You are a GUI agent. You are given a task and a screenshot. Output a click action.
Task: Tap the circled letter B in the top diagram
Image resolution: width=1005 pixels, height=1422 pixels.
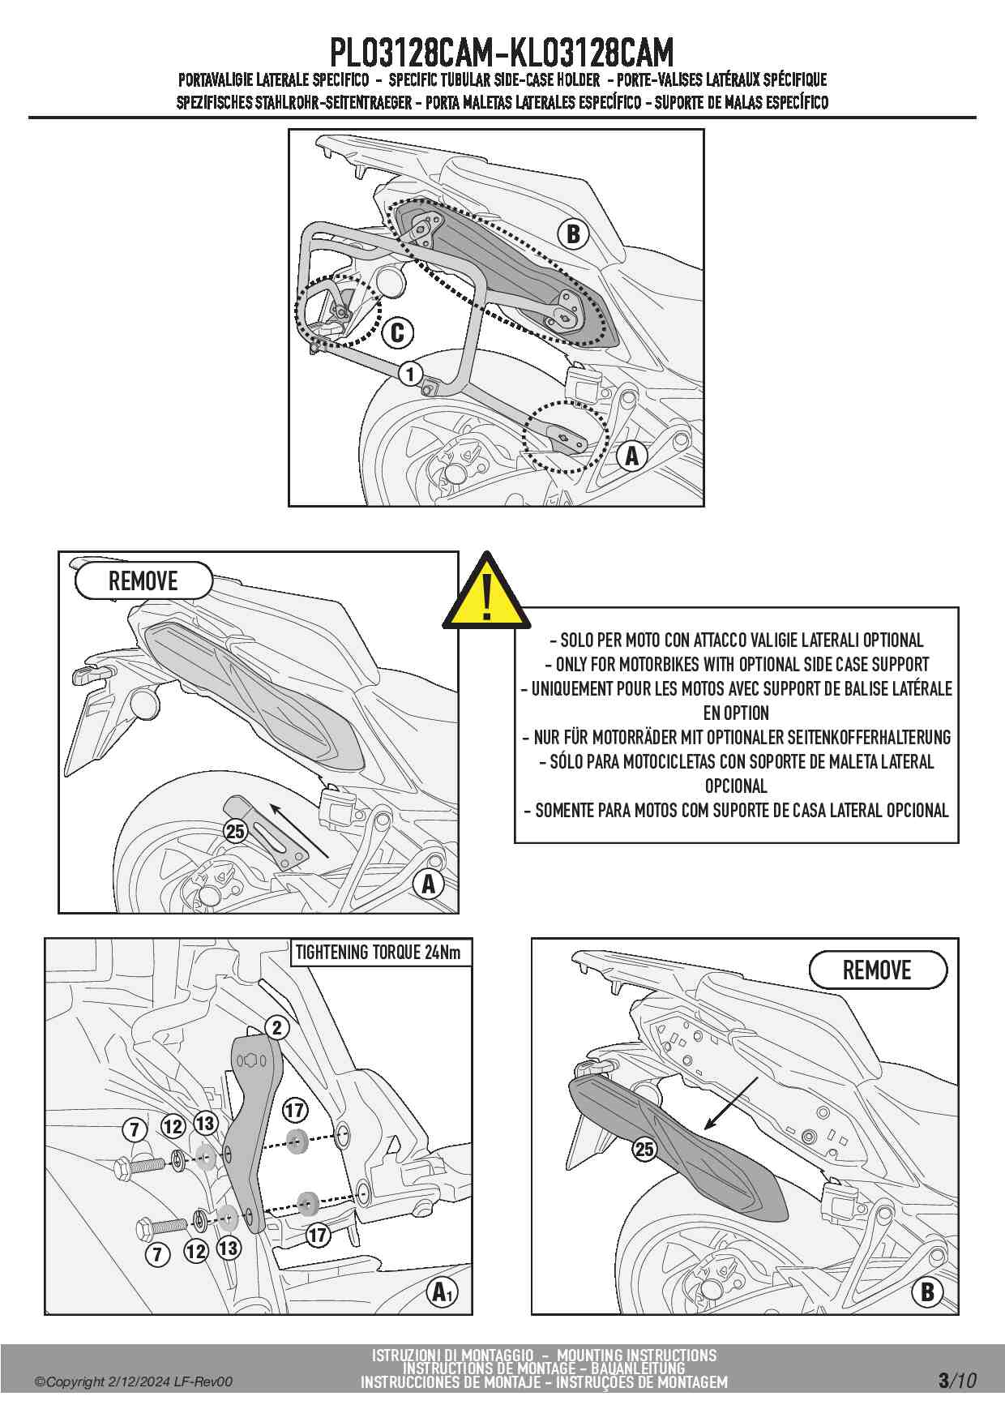pos(573,234)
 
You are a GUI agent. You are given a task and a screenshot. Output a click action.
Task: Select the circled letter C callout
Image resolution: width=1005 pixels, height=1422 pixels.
pos(397,332)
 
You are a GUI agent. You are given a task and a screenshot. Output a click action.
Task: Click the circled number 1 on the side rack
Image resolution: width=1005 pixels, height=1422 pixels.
pos(411,374)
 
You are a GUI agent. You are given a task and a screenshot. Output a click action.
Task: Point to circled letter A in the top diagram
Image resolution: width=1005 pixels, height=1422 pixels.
pos(631,456)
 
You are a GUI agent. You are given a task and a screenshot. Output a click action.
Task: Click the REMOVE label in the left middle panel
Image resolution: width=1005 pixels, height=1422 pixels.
pos(143,580)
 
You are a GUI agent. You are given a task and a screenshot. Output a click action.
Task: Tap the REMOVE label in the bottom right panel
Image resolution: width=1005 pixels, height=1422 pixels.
pos(877,970)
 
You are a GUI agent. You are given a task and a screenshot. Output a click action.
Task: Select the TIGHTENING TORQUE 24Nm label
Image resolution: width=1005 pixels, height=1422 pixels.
pos(378,952)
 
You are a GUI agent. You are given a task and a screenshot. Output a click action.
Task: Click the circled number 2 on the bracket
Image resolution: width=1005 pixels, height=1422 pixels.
pos(277,1028)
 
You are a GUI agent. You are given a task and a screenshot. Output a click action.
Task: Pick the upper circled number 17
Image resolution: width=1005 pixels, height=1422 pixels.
pos(294,1110)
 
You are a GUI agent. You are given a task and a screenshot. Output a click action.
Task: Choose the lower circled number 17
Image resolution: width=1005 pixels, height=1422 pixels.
pos(317,1235)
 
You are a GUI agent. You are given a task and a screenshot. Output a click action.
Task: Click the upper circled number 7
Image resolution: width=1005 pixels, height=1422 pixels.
pos(135,1129)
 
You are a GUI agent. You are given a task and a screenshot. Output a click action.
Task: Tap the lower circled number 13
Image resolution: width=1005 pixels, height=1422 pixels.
pos(229,1248)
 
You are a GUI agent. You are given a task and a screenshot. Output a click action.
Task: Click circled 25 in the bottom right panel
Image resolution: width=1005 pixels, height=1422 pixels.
pos(644,1149)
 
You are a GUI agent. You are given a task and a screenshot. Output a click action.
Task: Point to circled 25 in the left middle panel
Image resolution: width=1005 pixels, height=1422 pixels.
pos(235,831)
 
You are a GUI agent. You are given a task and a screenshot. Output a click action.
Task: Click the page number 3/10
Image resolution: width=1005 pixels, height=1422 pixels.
pos(957,1380)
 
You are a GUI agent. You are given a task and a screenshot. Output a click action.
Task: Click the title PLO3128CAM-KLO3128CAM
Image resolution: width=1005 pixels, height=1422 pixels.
pos(502,54)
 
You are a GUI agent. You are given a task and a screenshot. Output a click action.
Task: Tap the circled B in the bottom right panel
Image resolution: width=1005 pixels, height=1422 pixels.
pos(927,1291)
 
